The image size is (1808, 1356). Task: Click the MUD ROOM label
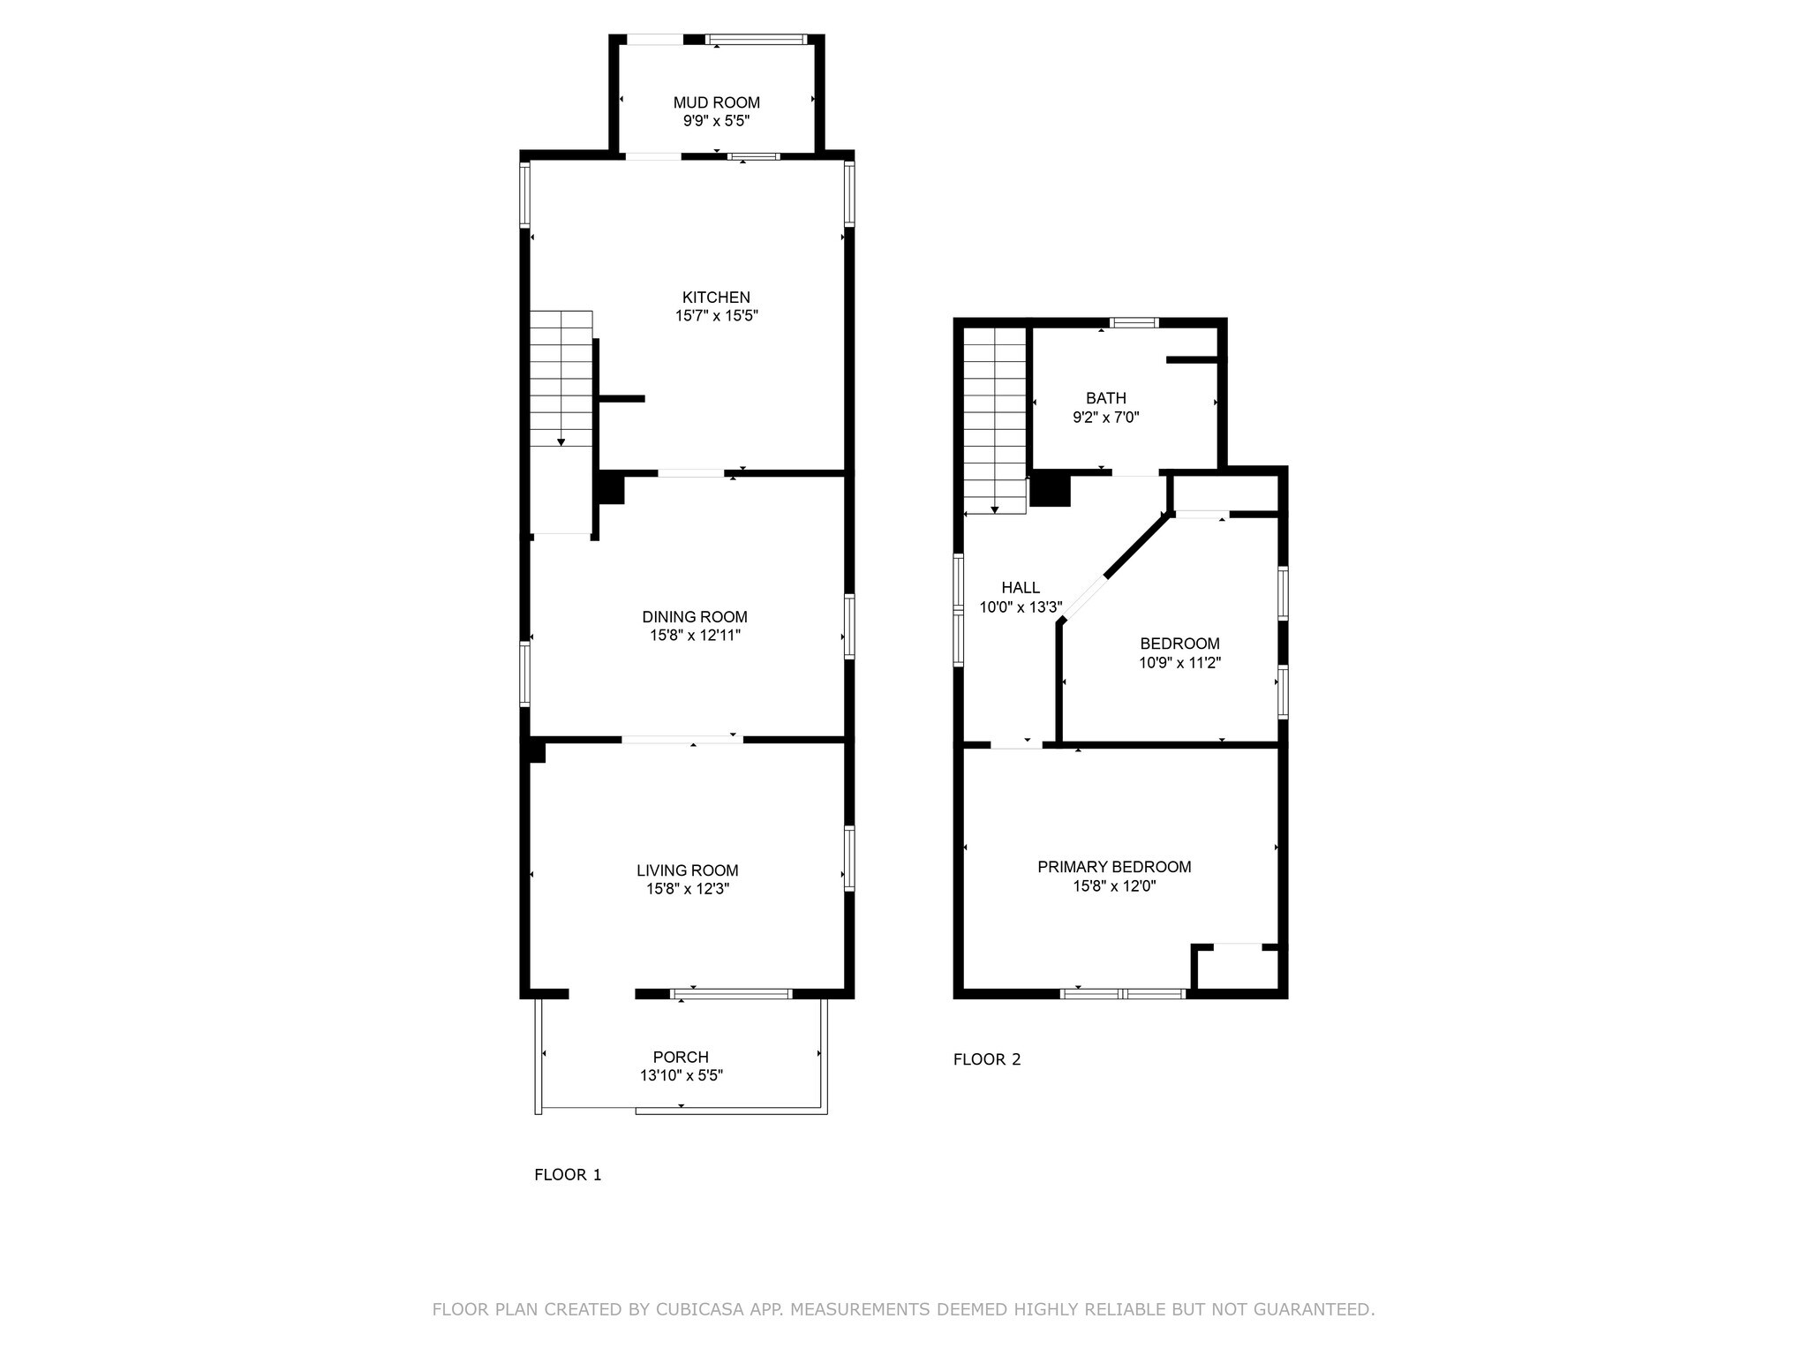[716, 103]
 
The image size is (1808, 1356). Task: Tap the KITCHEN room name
[716, 298]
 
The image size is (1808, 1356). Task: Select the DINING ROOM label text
[695, 617]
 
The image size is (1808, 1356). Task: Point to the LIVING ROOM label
[688, 870]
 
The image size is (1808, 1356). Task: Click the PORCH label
[681, 1057]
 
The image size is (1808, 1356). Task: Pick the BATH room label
[1106, 398]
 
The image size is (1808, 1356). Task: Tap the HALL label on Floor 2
[1021, 588]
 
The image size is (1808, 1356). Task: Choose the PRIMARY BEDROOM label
[1114, 867]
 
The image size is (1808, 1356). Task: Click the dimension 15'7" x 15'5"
[717, 316]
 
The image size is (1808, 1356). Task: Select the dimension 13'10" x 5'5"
[682, 1075]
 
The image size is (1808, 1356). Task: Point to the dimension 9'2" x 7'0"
[1106, 418]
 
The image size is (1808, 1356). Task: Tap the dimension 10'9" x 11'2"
[1180, 663]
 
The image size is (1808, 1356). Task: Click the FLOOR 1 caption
[568, 1175]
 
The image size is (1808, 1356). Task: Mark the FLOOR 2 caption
[987, 1059]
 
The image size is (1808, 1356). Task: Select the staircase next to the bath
[995, 420]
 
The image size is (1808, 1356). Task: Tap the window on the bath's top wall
[1134, 322]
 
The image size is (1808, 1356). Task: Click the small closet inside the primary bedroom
[1235, 968]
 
